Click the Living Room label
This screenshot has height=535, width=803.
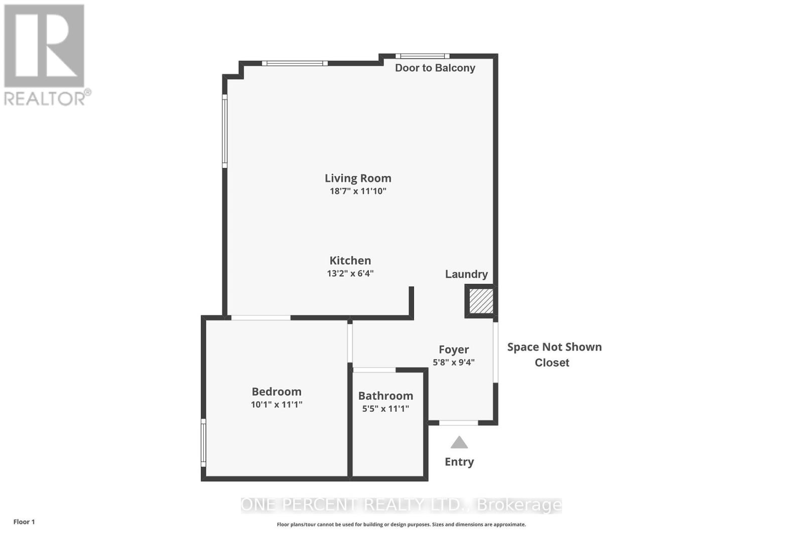tap(358, 178)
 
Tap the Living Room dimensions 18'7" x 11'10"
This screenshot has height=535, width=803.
tap(358, 191)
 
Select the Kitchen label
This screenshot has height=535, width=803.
tap(350, 260)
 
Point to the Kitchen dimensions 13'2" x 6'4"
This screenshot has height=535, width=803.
tap(350, 273)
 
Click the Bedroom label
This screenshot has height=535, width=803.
tap(277, 392)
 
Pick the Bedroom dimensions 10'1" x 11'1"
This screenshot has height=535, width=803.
tap(277, 404)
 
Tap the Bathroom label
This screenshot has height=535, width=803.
tap(385, 396)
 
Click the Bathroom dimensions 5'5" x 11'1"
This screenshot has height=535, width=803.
tap(385, 409)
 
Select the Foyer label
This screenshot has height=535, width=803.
tap(454, 349)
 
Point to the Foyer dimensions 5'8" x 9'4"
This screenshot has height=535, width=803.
tap(454, 362)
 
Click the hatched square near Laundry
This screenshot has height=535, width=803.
tap(481, 301)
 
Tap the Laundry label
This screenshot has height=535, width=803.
tap(466, 274)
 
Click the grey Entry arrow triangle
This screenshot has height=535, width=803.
tap(459, 443)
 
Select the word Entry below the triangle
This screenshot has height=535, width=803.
tap(459, 462)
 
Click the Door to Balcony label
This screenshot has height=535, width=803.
tap(435, 68)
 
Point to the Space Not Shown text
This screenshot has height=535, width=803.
tap(554, 347)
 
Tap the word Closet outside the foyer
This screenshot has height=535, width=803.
tap(552, 363)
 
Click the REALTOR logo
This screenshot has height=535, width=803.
tap(46, 55)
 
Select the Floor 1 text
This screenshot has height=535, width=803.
tap(24, 522)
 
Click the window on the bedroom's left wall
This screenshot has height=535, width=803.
tap(203, 443)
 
